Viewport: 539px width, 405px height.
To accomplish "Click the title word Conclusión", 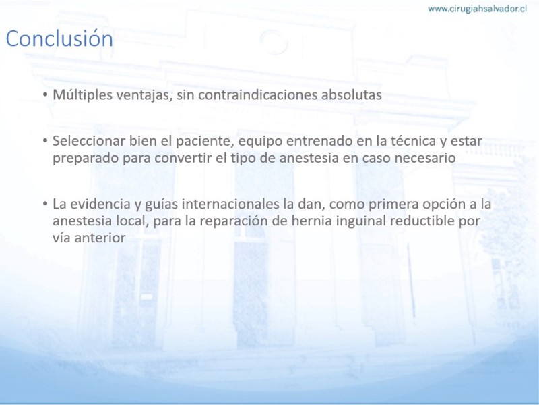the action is coord(59,38).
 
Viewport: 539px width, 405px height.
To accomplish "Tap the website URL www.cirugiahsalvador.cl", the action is coord(477,9).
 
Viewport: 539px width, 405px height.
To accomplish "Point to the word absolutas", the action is coord(351,94).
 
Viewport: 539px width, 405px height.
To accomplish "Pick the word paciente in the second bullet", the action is coord(205,142).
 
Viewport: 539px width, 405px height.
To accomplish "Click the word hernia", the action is coord(312,221).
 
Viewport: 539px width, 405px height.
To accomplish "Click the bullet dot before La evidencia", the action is coord(45,204).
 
